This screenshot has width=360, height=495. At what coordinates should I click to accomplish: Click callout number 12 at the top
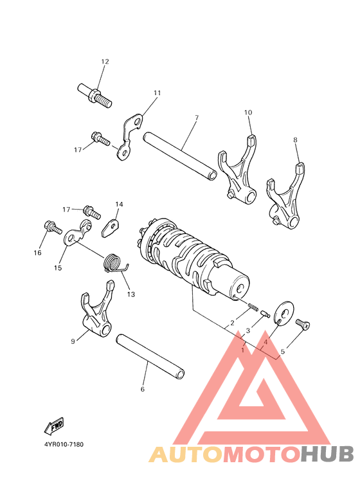click(105, 62)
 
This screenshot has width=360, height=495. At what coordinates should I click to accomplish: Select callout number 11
click(157, 93)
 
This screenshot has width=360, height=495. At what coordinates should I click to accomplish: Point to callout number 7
click(178, 118)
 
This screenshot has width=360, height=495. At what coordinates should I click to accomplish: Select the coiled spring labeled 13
click(114, 264)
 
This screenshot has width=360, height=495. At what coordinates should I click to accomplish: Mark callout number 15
click(58, 267)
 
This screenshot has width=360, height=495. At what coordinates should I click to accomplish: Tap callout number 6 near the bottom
click(142, 389)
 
